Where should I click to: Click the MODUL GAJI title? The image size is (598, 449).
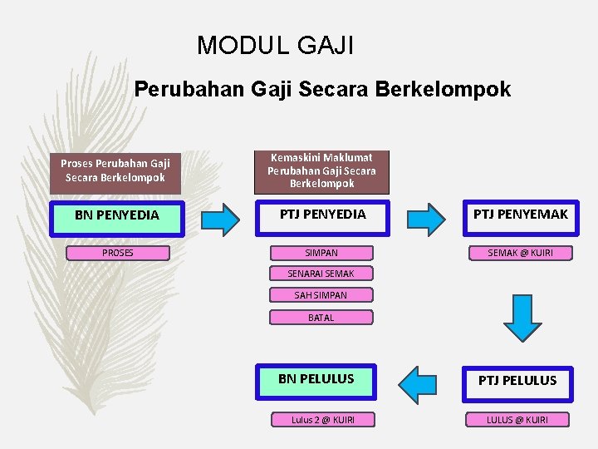point(275,44)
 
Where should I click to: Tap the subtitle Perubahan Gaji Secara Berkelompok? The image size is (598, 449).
point(322,89)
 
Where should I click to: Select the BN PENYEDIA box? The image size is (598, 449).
point(116,215)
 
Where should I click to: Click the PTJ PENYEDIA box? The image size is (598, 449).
point(321,215)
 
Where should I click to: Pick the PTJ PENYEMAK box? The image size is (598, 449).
point(520,215)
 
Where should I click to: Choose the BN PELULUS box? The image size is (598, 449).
point(316,379)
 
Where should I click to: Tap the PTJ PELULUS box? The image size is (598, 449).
point(517,382)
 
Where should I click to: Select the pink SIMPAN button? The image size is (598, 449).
point(321,253)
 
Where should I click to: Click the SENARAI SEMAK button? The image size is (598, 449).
point(321,274)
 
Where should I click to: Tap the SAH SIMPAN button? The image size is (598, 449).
point(321,295)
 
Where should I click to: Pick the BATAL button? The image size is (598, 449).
point(321,318)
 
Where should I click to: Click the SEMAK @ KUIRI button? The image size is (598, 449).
point(520,253)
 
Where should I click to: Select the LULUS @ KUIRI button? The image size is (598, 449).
point(517,420)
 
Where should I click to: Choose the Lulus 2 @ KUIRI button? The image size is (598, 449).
point(322,420)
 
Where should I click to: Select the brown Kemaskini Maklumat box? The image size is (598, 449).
point(321,170)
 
